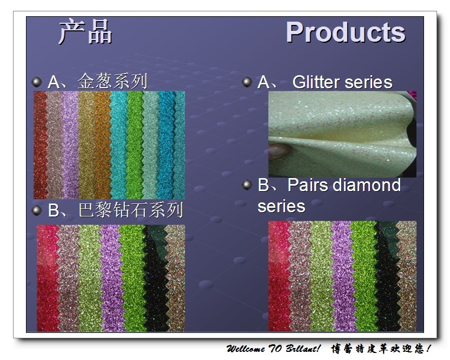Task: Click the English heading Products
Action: click(x=346, y=32)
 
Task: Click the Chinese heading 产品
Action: click(x=85, y=31)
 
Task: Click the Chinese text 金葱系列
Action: click(x=112, y=81)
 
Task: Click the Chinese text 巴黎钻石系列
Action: click(x=131, y=210)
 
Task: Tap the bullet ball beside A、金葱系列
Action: click(x=37, y=82)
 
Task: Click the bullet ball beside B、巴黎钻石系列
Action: click(x=37, y=210)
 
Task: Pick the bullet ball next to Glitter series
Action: click(x=247, y=82)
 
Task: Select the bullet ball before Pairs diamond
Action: click(x=247, y=185)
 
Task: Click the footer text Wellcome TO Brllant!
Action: click(x=273, y=349)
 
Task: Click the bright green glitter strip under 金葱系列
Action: click(x=135, y=145)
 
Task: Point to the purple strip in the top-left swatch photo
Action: click(x=70, y=145)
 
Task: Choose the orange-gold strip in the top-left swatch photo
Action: click(x=102, y=145)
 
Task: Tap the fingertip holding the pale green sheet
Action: click(x=279, y=150)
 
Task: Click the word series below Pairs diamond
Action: click(x=281, y=207)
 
